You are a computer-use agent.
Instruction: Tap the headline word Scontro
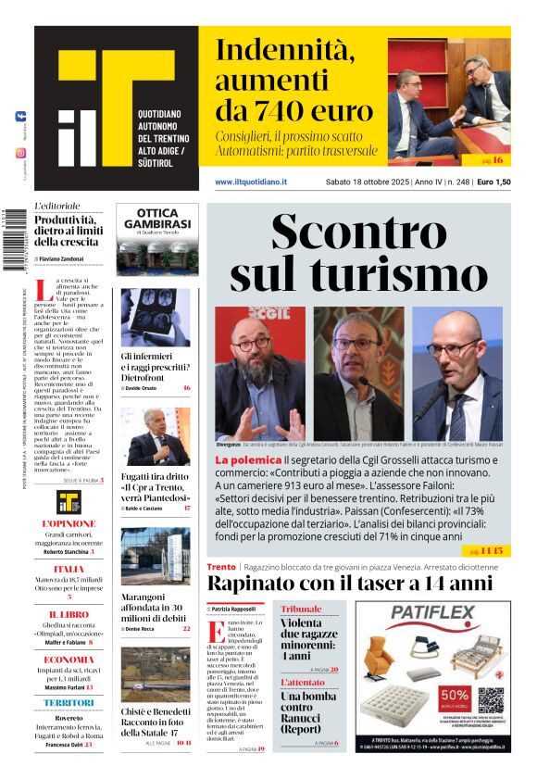click(361, 232)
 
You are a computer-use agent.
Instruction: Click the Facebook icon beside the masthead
click(20, 117)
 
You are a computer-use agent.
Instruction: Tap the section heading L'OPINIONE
click(69, 523)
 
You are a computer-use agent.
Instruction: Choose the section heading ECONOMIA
click(69, 660)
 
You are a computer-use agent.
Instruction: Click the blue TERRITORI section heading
click(69, 703)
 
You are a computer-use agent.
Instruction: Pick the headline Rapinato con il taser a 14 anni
click(349, 584)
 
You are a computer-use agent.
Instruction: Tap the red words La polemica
click(248, 459)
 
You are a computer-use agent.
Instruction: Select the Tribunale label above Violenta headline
click(302, 609)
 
